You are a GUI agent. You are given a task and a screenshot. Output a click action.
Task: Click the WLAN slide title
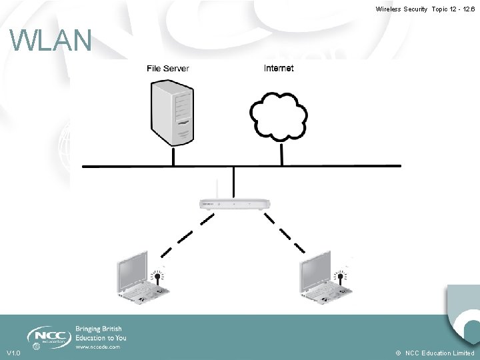[x=51, y=41]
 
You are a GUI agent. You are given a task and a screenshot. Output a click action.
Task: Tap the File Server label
[x=168, y=68]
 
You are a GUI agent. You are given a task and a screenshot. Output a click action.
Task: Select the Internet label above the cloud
[x=279, y=68]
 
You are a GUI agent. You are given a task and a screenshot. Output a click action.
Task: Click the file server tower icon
[x=173, y=113]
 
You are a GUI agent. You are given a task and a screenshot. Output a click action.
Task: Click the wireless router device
[x=235, y=203]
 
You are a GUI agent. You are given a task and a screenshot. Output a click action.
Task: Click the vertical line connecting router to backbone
[x=234, y=181]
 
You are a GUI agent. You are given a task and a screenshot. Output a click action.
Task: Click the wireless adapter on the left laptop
[x=158, y=278]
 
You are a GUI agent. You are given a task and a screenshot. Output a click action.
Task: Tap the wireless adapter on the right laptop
[x=340, y=278]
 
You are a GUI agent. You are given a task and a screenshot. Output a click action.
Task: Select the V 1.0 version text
[x=13, y=353]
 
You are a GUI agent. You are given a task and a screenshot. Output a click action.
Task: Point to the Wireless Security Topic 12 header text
[x=425, y=9]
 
